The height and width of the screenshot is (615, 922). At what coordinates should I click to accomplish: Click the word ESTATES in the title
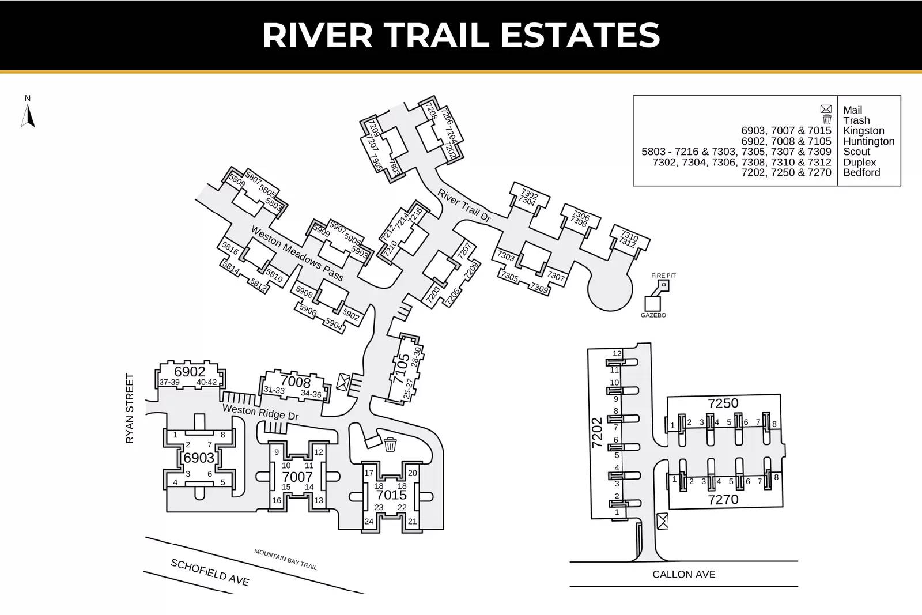[x=580, y=35]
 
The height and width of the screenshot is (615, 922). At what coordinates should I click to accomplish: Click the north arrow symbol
[x=28, y=115]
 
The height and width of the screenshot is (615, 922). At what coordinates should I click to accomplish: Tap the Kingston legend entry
[x=864, y=131]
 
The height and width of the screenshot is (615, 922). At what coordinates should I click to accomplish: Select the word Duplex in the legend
[x=859, y=162]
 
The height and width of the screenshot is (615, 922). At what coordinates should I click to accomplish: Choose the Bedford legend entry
[x=861, y=172]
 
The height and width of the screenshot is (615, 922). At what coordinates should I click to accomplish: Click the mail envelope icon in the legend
[x=826, y=109]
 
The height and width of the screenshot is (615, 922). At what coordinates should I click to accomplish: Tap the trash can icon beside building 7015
[x=390, y=444]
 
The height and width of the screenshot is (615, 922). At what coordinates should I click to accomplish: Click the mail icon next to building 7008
[x=343, y=382]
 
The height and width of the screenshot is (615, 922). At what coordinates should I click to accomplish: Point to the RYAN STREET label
[x=130, y=408]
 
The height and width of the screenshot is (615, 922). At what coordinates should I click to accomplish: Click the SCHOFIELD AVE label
[x=210, y=572]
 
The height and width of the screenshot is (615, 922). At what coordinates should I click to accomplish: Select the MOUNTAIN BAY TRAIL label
[x=285, y=560]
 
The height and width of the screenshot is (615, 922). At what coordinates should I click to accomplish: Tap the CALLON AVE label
[x=683, y=574]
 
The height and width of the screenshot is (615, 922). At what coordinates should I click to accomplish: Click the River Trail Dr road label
[x=464, y=206]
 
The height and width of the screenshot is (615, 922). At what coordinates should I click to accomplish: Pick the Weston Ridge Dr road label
[x=260, y=413]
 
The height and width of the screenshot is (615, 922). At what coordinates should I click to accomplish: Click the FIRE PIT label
[x=663, y=276]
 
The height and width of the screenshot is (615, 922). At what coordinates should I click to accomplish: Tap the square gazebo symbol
[x=652, y=304]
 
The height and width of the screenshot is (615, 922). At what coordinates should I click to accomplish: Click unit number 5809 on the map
[x=237, y=180]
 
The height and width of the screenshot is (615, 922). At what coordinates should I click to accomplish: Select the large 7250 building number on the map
[x=723, y=403]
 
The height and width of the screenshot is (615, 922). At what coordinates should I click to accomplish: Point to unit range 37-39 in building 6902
[x=169, y=382]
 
